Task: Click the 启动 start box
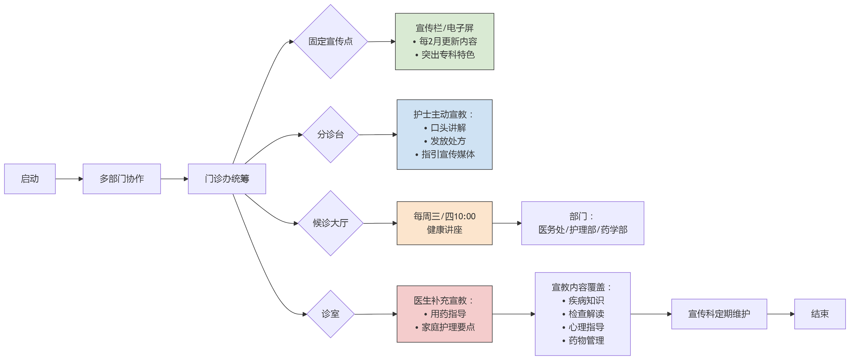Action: pyautogui.click(x=30, y=179)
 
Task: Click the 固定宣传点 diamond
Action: pyautogui.click(x=330, y=42)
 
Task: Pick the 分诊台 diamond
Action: pyautogui.click(x=330, y=135)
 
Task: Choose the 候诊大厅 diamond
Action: pyautogui.click(x=330, y=223)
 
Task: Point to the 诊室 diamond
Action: pyautogui.click(x=330, y=314)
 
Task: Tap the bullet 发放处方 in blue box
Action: pyautogui.click(x=448, y=141)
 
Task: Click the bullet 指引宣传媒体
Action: pyautogui.click(x=448, y=154)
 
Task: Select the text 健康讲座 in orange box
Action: pyautogui.click(x=444, y=230)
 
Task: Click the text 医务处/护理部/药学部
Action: pyautogui.click(x=583, y=230)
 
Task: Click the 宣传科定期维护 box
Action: pyautogui.click(x=719, y=314)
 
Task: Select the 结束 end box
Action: pyautogui.click(x=820, y=314)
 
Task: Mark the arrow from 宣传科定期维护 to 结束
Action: pyautogui.click(x=780, y=314)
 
